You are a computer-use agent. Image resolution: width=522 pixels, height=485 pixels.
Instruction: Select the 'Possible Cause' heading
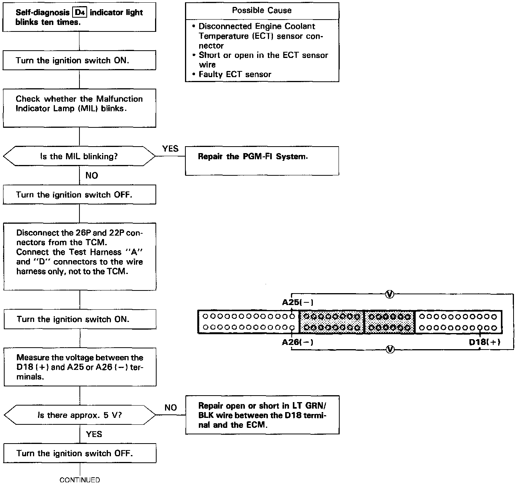[262, 10]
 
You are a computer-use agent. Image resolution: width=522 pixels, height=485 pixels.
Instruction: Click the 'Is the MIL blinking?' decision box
[79, 156]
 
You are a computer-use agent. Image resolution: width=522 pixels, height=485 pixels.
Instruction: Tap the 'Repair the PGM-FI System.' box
[262, 161]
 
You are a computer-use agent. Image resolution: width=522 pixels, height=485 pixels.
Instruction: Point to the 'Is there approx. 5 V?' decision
[79, 415]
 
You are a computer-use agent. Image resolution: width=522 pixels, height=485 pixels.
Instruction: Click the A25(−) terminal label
[297, 302]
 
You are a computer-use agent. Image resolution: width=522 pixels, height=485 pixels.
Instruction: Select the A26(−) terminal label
[297, 342]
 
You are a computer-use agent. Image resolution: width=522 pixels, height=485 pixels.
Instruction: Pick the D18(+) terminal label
[484, 342]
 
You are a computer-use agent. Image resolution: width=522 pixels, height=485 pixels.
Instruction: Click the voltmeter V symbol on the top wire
[389, 294]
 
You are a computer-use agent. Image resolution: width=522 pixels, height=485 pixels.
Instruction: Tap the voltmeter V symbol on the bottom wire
[390, 349]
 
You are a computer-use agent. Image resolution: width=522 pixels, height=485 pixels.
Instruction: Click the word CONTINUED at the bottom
[80, 480]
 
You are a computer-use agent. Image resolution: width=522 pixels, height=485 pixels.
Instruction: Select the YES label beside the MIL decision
[170, 149]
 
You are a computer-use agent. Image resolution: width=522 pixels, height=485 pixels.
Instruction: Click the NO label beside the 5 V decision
[170, 407]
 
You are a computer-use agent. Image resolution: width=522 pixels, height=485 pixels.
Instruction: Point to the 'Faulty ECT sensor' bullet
[235, 74]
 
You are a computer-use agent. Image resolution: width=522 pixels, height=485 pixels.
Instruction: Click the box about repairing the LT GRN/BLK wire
[262, 415]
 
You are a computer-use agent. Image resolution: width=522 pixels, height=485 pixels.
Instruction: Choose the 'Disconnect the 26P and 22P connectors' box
[80, 256]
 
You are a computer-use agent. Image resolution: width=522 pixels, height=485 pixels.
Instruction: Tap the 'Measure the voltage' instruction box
[80, 367]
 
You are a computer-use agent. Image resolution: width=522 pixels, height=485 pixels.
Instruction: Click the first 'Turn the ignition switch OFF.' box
[79, 195]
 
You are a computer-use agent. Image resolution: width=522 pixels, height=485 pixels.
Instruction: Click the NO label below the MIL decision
[91, 176]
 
